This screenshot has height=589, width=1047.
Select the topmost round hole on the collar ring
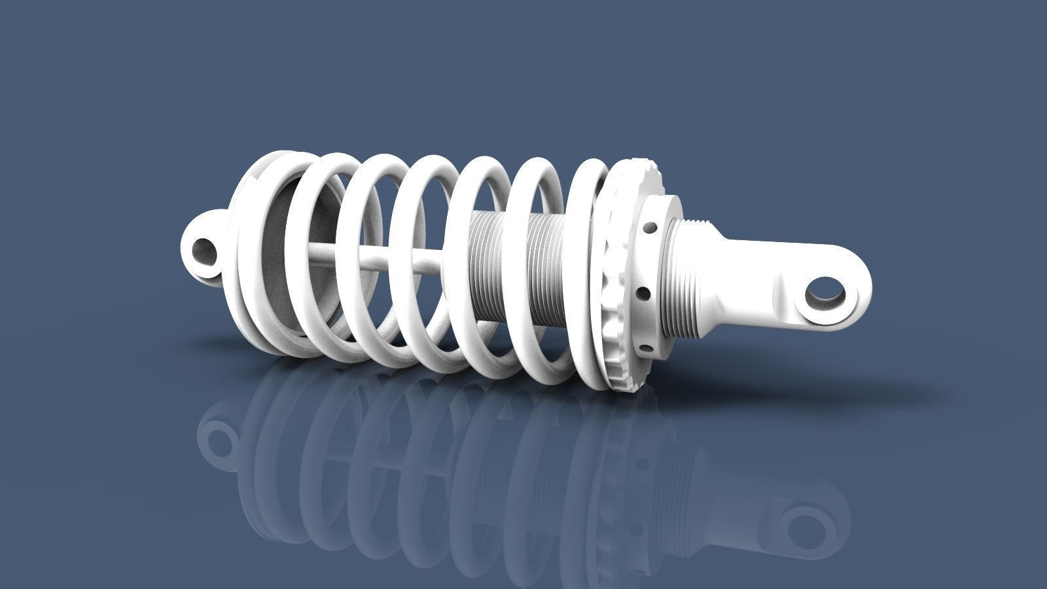pos(650,228)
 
